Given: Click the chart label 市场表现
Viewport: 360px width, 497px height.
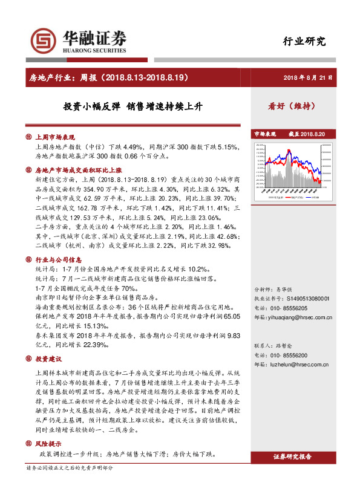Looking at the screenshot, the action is click(264, 133).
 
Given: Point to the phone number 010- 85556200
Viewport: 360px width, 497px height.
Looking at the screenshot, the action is click(290, 356).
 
